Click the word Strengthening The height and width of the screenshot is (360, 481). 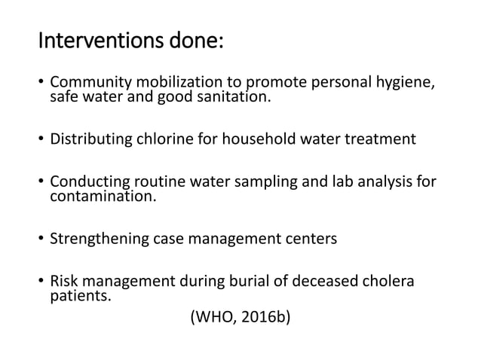[96, 240]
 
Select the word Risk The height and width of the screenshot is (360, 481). [64, 282]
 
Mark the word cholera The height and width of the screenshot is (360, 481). [388, 282]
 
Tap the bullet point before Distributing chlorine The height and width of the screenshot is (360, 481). [41, 139]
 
